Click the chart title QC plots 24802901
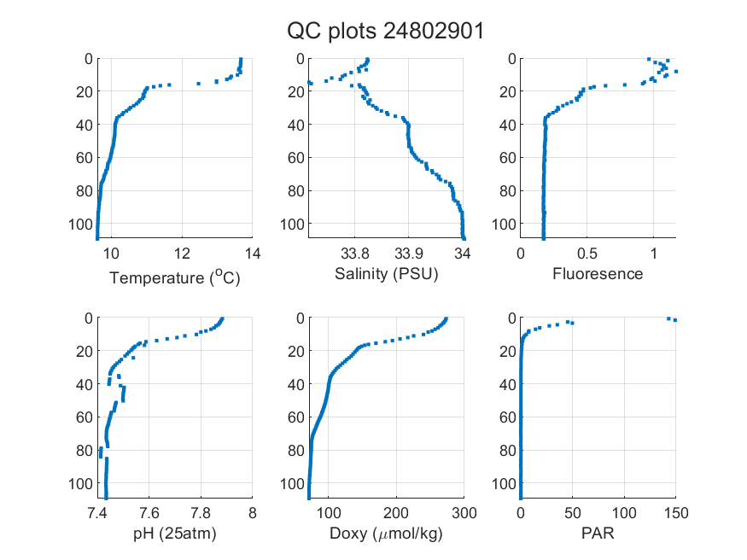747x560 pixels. point(385,32)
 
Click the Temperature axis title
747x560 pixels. point(175,277)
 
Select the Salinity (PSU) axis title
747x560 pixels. point(387,274)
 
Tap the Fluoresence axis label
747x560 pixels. point(598,274)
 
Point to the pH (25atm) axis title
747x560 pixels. point(175,534)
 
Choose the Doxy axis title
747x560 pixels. point(387,534)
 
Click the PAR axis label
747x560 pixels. point(598,533)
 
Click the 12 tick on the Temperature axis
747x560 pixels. point(182,254)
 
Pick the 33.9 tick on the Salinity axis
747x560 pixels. point(409,254)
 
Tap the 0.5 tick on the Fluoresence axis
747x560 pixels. point(587,254)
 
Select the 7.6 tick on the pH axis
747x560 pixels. point(149,513)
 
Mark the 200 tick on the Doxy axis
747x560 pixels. point(396,513)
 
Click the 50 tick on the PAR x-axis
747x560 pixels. point(573,513)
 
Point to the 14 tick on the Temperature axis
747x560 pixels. point(253,254)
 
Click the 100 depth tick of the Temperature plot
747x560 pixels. point(81,224)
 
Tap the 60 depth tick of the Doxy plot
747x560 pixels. point(296,417)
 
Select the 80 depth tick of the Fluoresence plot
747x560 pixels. point(508,191)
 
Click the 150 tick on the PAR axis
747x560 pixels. point(676,513)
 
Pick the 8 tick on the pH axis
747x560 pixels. point(253,513)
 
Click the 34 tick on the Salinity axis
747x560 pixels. point(463,254)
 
